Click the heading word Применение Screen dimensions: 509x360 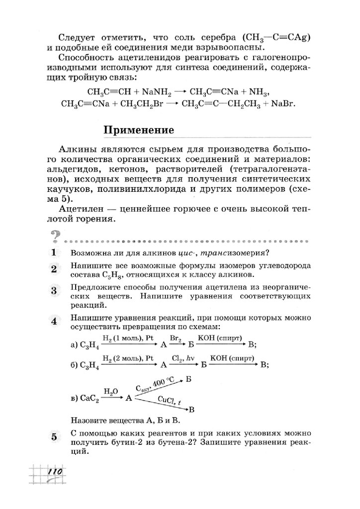139,131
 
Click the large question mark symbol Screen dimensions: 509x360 55,236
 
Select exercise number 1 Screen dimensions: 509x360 55,253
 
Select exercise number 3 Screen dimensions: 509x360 55,290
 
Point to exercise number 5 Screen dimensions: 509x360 55,437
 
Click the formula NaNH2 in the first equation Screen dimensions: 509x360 157,91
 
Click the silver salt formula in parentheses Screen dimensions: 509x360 276,38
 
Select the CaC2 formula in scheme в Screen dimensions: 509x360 90,399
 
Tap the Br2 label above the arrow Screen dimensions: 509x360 175,338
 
